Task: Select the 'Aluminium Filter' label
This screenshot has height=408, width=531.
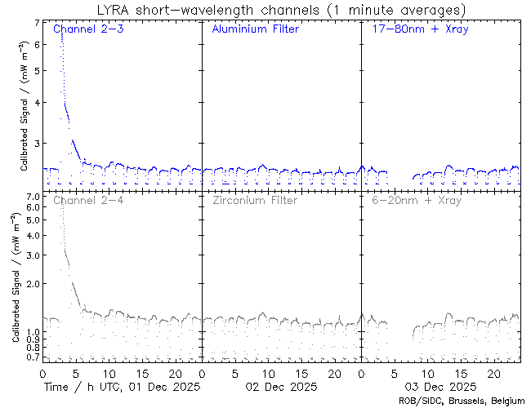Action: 255,29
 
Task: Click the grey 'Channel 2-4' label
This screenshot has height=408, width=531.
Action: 87,200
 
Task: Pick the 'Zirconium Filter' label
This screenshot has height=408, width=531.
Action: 254,200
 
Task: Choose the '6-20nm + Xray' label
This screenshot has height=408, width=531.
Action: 416,200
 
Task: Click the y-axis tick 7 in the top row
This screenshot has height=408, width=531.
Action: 36,24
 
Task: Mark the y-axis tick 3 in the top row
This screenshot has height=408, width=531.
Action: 36,144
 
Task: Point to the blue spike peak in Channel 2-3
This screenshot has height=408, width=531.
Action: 61,33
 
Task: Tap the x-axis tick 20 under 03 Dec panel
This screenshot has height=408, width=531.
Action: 492,372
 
